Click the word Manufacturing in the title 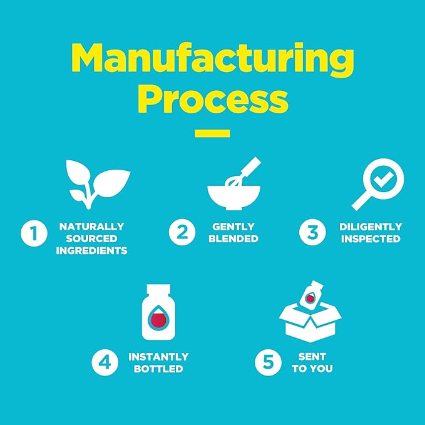click(x=213, y=60)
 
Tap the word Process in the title click(x=213, y=100)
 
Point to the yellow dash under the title click(x=213, y=133)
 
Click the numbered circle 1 click(x=34, y=233)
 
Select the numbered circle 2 click(x=182, y=232)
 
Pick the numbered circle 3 click(x=312, y=232)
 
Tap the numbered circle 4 click(x=105, y=362)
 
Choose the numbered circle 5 click(x=269, y=362)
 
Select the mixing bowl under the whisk click(x=234, y=197)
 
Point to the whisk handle click(x=251, y=166)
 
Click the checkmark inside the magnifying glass click(x=383, y=179)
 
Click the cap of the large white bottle click(x=158, y=289)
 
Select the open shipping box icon click(x=310, y=323)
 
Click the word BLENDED click(x=233, y=239)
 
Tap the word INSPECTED click(x=371, y=239)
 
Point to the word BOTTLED click(x=158, y=369)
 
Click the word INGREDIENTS click(x=91, y=251)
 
